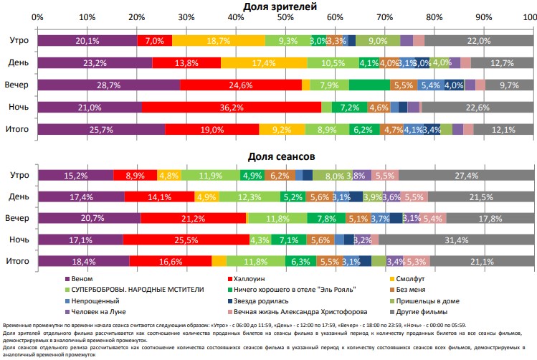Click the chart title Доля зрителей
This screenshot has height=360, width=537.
coord(285,6)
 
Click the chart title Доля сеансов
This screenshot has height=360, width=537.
coord(285,156)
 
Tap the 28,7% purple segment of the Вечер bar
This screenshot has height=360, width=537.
coord(108,85)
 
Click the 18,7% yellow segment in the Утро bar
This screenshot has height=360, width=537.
coord(218,41)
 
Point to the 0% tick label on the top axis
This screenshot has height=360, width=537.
coord(38,16)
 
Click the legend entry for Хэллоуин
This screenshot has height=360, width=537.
coord(250,278)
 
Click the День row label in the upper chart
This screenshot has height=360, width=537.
coord(19,63)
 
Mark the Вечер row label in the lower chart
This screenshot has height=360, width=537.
coord(17,218)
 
